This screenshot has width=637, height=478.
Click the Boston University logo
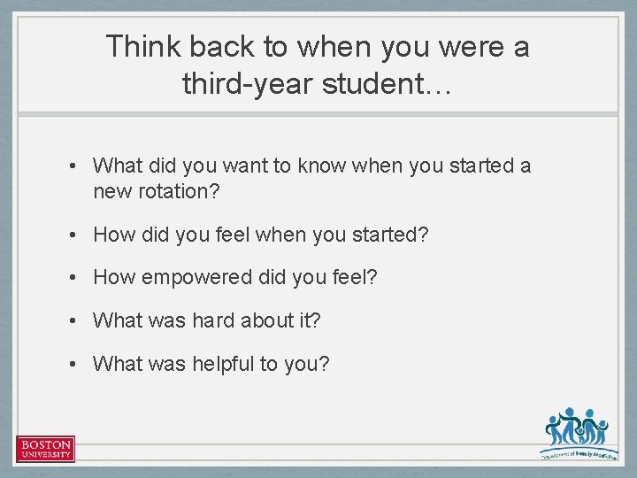(45, 449)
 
